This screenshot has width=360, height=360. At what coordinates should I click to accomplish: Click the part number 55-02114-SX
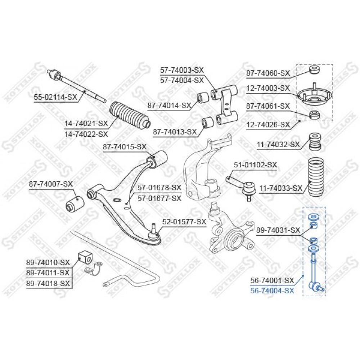coord(55,97)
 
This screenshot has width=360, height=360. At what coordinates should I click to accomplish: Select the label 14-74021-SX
coord(86,123)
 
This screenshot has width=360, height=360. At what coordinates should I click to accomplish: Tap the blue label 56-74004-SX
coord(272,291)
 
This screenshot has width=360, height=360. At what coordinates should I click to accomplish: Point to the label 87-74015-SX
coord(125,147)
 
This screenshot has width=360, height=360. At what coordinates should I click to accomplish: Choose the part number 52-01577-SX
coord(184,222)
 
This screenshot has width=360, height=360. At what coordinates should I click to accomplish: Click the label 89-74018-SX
coord(48,283)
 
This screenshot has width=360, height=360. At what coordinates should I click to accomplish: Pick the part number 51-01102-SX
coord(256,165)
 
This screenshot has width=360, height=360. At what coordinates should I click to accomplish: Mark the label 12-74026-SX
coord(268,125)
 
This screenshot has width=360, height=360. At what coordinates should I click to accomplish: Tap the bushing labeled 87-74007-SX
coord(75,204)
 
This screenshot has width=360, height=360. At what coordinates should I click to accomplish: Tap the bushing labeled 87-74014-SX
coord(203,98)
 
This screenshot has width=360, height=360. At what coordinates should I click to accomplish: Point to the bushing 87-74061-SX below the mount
coord(314,115)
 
